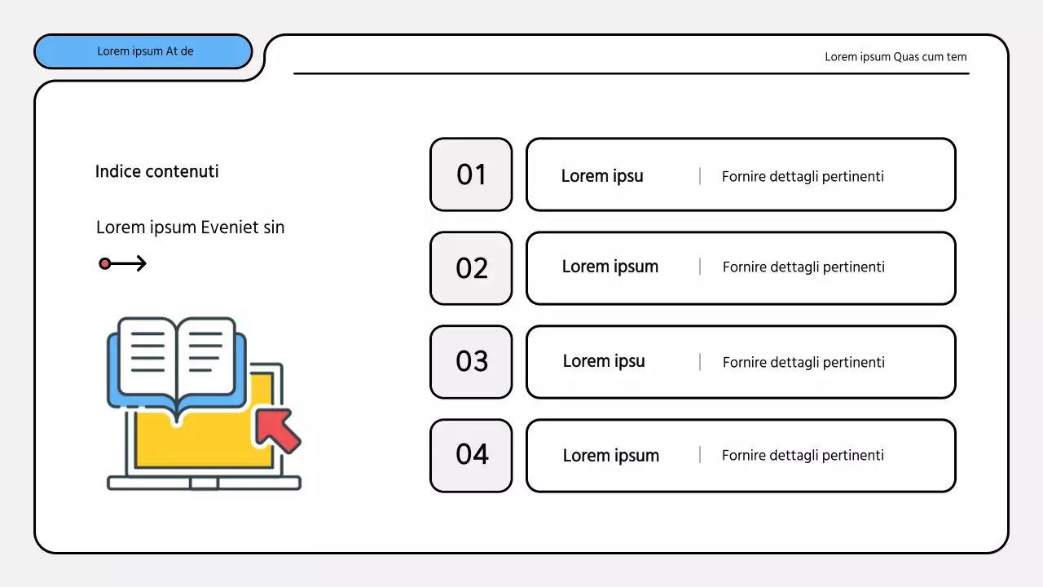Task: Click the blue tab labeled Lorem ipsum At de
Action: point(143,51)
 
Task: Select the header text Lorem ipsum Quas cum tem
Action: point(896,57)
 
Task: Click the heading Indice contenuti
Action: point(156,171)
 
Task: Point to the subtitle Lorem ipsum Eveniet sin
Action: point(190,227)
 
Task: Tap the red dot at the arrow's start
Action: point(105,263)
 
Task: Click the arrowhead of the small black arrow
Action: point(142,263)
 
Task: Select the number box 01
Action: point(471,174)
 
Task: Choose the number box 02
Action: point(471,268)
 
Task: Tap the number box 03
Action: point(471,362)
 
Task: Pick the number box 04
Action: point(471,455)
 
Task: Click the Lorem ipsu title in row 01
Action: point(602,176)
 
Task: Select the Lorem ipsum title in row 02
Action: point(610,267)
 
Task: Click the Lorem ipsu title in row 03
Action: point(604,361)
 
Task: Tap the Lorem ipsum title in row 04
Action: point(611,456)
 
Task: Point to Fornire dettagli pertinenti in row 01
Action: point(803,177)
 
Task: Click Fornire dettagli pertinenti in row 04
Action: point(803,456)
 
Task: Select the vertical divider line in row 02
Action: point(700,267)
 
